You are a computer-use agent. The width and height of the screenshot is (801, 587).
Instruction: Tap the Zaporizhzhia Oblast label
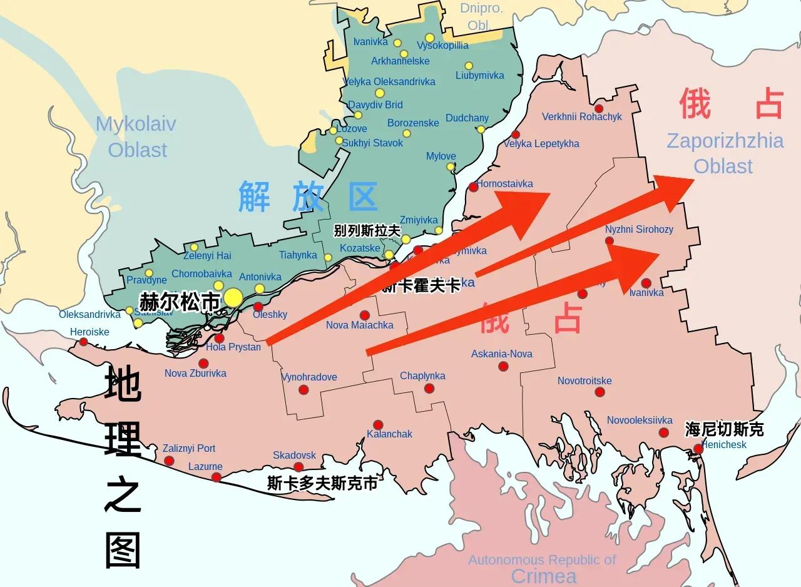click(x=724, y=153)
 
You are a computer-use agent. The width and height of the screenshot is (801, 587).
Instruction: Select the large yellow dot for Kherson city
click(x=233, y=298)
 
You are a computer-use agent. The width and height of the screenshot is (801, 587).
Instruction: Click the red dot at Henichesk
click(x=698, y=449)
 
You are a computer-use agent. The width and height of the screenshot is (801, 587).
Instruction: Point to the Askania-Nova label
click(x=502, y=354)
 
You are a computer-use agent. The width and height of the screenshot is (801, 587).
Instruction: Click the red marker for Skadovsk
click(x=298, y=467)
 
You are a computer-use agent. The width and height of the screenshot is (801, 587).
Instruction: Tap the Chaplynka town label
click(x=422, y=376)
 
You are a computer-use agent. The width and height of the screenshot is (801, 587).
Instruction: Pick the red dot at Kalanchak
click(x=378, y=425)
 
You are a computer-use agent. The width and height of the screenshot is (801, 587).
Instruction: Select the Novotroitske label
click(x=584, y=380)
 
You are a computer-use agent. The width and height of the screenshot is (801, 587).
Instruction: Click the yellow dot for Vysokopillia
click(x=429, y=38)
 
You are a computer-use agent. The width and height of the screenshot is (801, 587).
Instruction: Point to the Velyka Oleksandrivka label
click(x=390, y=81)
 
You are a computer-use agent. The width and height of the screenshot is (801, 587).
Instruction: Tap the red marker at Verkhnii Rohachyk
click(x=599, y=109)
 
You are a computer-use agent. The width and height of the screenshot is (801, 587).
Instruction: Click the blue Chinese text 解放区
click(x=308, y=197)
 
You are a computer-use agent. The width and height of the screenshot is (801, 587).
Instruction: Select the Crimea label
click(x=544, y=576)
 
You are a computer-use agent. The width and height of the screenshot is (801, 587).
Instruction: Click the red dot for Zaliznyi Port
click(x=169, y=461)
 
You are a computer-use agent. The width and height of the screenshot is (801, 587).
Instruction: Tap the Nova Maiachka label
click(x=360, y=325)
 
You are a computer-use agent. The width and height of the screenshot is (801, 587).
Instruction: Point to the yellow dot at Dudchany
click(x=481, y=130)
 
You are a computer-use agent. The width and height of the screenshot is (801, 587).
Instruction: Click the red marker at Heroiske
click(x=83, y=342)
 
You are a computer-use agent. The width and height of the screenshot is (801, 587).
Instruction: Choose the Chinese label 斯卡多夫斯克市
click(x=322, y=484)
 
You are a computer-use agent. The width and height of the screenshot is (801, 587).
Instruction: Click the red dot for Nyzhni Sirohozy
click(x=610, y=241)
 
